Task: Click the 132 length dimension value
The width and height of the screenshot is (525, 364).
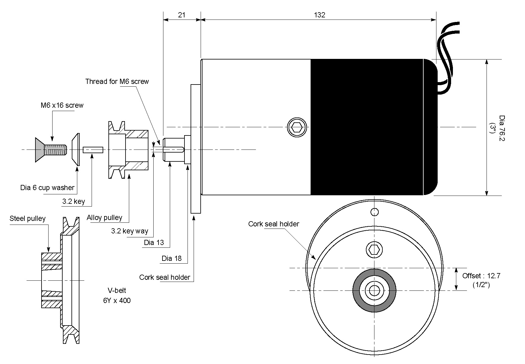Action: (319, 15)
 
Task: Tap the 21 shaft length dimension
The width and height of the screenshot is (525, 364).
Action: (182, 15)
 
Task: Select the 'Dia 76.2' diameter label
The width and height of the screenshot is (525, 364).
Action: (501, 128)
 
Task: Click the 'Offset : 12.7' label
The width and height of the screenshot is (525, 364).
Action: (481, 276)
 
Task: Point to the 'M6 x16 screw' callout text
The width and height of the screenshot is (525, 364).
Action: (62, 105)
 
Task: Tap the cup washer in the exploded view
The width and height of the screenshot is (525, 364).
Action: (76, 150)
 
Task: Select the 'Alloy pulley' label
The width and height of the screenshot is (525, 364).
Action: (104, 218)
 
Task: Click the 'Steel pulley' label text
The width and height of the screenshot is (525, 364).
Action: (27, 218)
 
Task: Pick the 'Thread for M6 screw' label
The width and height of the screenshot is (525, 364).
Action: (117, 81)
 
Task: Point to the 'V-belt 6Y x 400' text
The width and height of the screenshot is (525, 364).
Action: (117, 295)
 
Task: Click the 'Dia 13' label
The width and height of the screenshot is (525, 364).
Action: (154, 243)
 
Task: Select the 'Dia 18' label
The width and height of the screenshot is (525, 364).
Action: (171, 258)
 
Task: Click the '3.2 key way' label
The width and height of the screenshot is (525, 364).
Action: (129, 231)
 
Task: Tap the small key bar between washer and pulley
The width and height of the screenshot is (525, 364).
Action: (93, 150)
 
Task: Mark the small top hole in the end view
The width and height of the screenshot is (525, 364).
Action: (374, 212)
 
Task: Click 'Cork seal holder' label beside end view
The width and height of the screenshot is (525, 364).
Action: (274, 224)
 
